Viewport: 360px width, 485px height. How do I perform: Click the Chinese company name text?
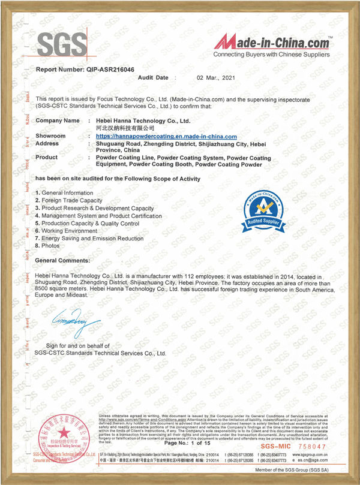pos(125,128)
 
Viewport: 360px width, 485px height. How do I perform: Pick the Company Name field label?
pos(58,121)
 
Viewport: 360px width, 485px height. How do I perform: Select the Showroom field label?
pos(51,136)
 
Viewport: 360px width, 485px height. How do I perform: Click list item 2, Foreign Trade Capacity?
pos(68,200)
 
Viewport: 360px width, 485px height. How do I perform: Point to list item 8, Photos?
pos(52,245)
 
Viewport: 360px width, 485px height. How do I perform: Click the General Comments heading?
pos(63,261)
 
